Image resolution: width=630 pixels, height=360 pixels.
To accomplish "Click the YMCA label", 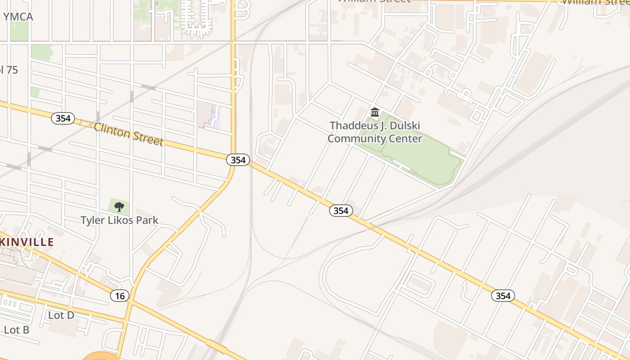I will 18,17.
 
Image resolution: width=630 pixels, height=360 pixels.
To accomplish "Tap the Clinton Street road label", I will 128,134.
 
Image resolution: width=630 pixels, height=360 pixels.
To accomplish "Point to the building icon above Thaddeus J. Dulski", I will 374,112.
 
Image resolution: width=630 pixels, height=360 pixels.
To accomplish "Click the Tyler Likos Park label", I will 119,220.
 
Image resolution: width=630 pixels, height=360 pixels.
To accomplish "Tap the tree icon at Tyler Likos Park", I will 119,207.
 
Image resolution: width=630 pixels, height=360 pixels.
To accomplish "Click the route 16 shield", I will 120,296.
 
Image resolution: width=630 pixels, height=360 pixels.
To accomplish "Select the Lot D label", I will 61,315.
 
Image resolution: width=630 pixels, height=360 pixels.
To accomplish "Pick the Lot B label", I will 16,330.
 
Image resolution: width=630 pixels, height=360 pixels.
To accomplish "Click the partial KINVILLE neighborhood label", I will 27,242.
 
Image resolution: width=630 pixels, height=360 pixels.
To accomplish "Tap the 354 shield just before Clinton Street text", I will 63,118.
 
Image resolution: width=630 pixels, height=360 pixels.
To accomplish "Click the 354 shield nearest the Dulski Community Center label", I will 341,210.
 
